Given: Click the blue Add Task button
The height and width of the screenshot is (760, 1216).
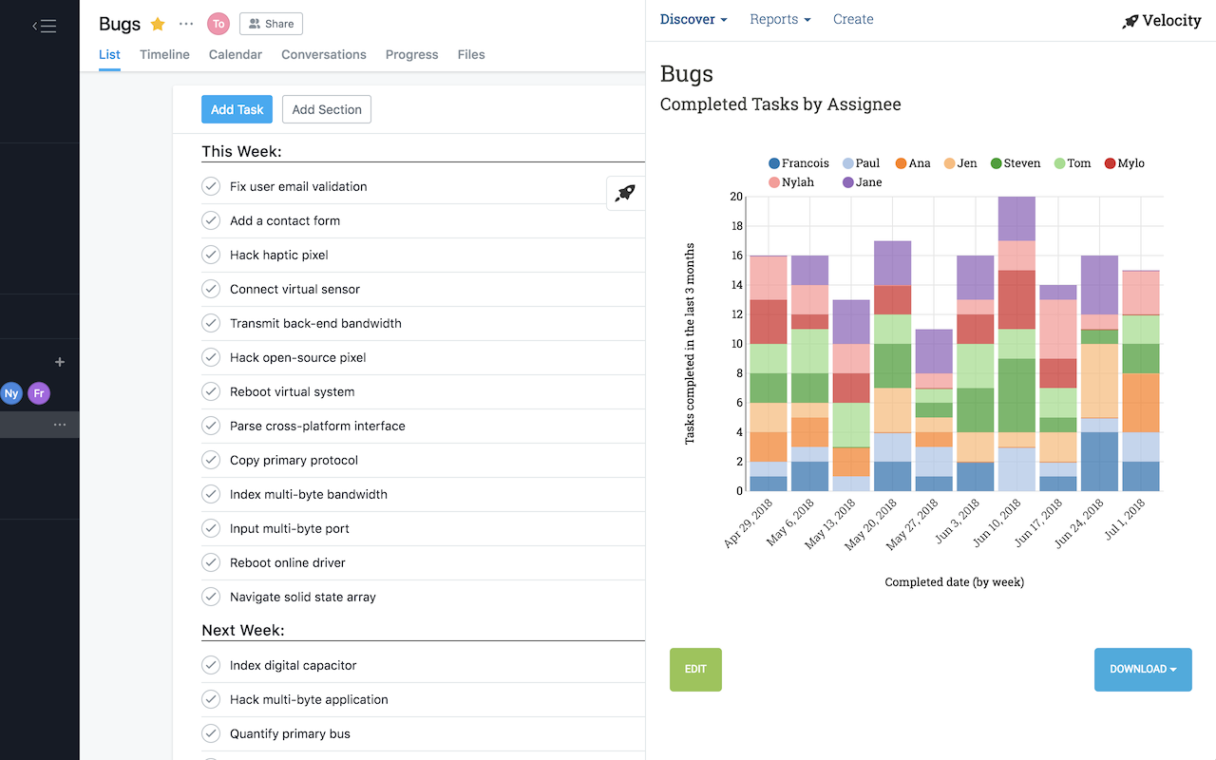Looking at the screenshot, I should (237, 109).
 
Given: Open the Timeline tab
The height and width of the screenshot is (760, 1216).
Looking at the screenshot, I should (164, 54).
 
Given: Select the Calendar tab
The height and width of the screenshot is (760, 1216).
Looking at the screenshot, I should (236, 54).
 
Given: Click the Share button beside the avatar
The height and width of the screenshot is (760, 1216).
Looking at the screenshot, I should (271, 24).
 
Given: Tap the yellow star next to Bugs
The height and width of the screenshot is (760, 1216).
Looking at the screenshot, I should (158, 24).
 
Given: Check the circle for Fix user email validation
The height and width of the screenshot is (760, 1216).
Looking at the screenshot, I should (211, 186).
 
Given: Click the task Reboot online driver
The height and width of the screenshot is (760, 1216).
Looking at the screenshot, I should (287, 562).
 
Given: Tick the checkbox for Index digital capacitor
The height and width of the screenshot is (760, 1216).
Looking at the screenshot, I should (211, 665).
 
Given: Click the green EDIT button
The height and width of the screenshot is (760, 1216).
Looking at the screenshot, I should (695, 669).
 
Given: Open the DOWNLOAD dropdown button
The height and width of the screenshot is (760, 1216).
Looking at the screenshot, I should (1143, 669).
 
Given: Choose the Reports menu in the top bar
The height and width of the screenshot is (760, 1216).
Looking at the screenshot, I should (780, 19).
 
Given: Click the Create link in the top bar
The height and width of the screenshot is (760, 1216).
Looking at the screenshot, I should (853, 19).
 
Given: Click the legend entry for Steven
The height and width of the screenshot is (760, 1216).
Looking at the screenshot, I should (1016, 163).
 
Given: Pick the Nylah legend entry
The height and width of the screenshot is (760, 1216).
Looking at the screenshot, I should (791, 182).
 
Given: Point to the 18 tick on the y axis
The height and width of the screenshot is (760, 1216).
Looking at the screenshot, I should (736, 226).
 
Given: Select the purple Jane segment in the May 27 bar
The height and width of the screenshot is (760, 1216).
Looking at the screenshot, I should (935, 351).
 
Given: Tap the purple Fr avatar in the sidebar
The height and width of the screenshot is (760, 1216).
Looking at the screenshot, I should (39, 393).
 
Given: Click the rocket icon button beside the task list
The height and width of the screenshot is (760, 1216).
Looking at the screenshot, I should (625, 194).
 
